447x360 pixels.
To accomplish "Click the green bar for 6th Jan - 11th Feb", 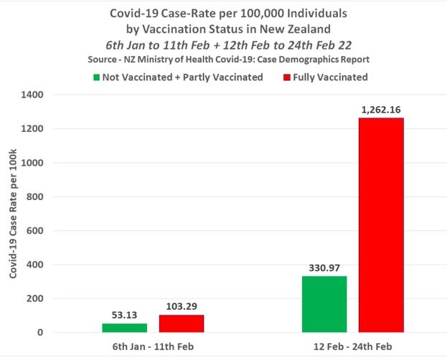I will click(124, 328).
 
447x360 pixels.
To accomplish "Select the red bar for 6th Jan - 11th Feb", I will click(182, 323).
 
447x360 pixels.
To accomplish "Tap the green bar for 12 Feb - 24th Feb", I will click(324, 304).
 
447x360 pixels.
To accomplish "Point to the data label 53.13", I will click(124, 314).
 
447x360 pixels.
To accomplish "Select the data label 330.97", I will click(324, 267).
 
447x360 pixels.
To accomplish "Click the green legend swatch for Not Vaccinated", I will click(96, 77).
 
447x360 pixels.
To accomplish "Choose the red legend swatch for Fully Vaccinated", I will click(286, 77).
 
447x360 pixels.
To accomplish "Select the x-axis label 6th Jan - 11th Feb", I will click(153, 347).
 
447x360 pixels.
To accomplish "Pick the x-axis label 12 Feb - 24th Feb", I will click(352, 347).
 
